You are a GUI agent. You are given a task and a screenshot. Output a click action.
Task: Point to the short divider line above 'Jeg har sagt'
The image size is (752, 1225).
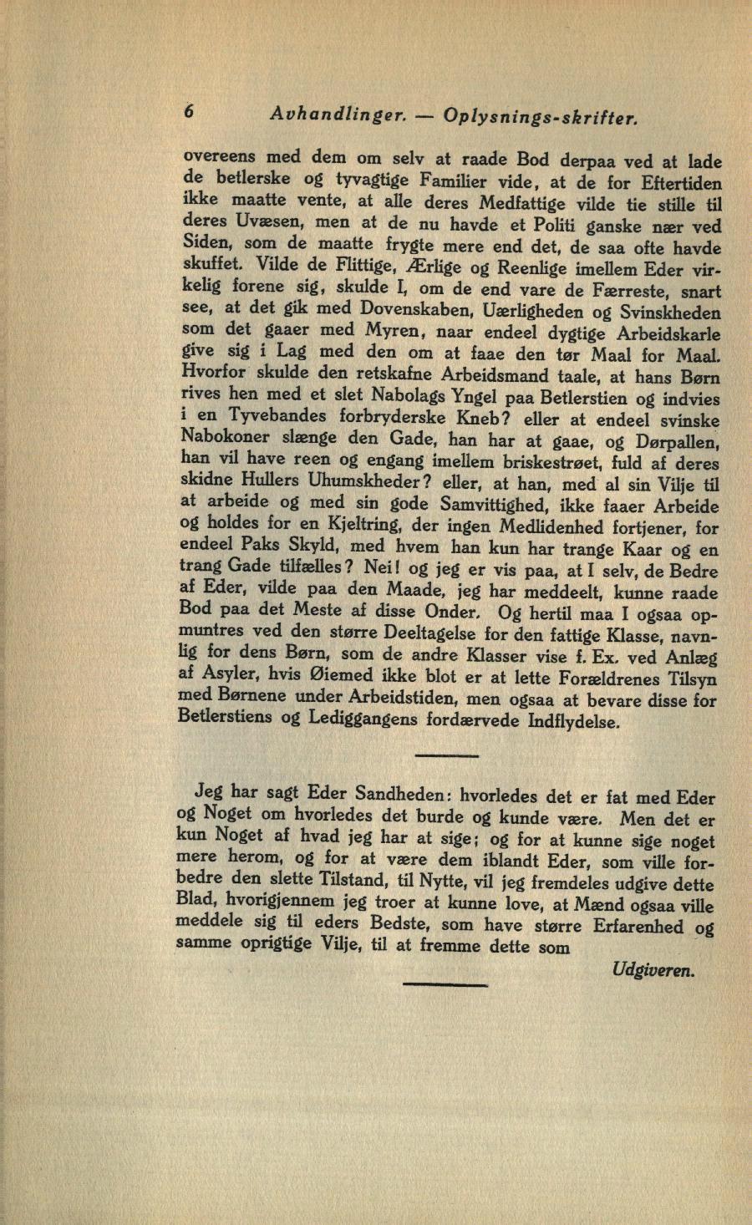tap(445, 755)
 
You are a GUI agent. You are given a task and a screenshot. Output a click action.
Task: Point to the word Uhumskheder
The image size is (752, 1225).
tap(358, 483)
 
